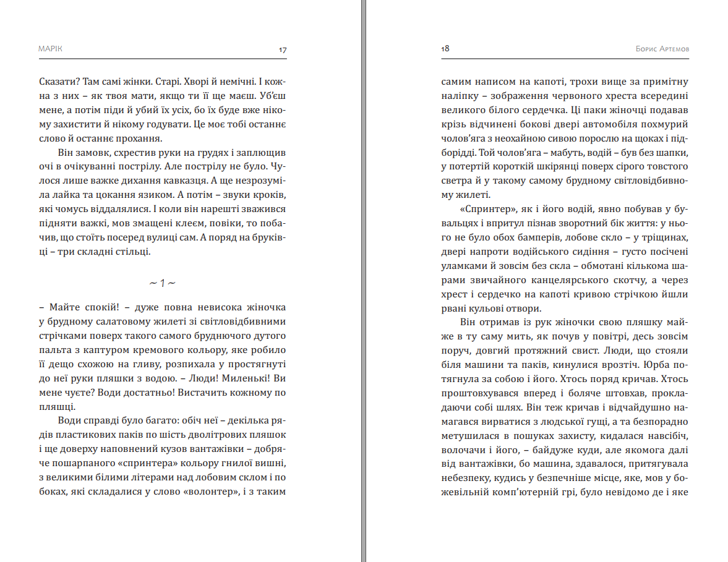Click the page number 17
pyautogui.click(x=283, y=49)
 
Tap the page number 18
pyautogui.click(x=445, y=49)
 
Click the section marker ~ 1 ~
pyautogui.click(x=163, y=283)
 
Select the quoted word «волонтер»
pyautogui.click(x=211, y=492)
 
